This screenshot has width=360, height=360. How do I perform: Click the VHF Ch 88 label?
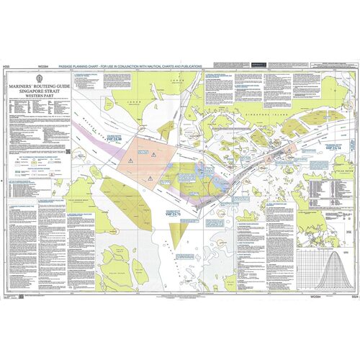115,136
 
